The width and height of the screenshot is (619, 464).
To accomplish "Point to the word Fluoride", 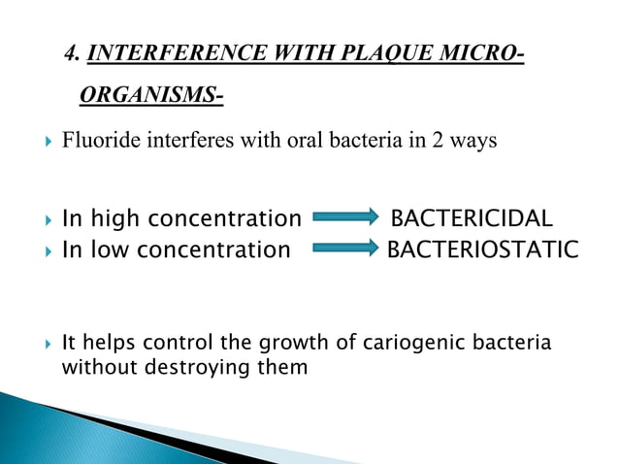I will click(96, 141).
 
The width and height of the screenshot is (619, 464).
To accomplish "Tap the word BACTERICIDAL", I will click(472, 217).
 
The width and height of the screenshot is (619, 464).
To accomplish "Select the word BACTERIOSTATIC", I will click(482, 250).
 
